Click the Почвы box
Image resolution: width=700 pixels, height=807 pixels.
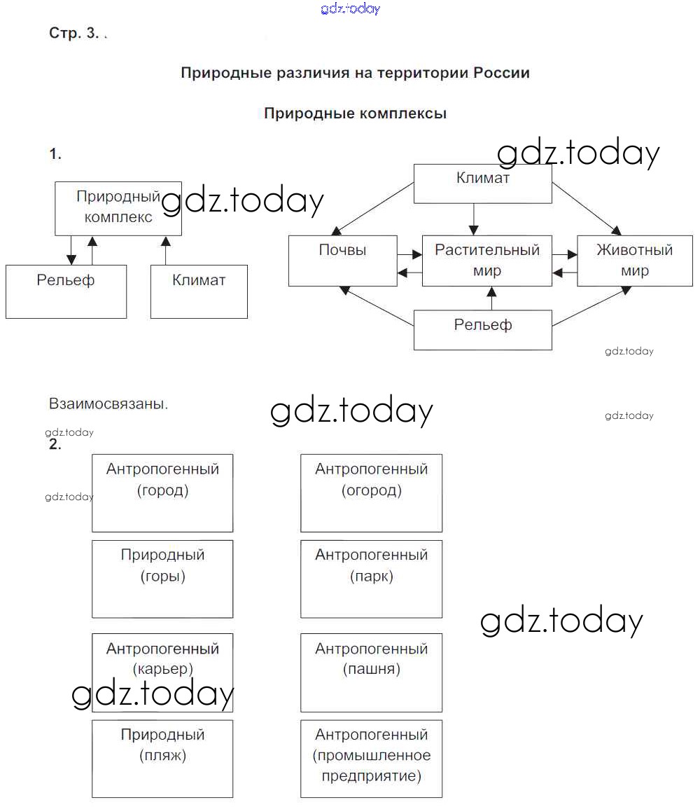[x=342, y=261]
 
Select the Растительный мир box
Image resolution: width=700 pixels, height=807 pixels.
[x=486, y=261]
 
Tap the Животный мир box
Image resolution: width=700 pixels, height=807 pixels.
[x=634, y=261]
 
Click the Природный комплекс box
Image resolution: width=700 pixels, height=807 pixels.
[x=118, y=208]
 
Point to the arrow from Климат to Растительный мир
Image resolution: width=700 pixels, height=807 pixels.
[x=474, y=219]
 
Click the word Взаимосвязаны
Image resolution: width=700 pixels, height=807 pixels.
[x=108, y=404]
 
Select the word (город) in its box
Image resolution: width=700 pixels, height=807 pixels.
[x=162, y=490]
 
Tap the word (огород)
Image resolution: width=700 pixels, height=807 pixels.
[x=372, y=490]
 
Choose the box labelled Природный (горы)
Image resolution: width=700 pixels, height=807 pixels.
[x=162, y=579]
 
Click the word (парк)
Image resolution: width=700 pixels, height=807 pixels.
[x=372, y=577]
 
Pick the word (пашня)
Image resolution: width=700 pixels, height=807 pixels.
[x=372, y=669]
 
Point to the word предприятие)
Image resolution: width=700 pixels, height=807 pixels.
[x=372, y=776]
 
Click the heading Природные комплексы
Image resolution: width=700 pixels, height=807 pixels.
[x=355, y=113]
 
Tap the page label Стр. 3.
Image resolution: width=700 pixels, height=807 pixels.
[x=74, y=34]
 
